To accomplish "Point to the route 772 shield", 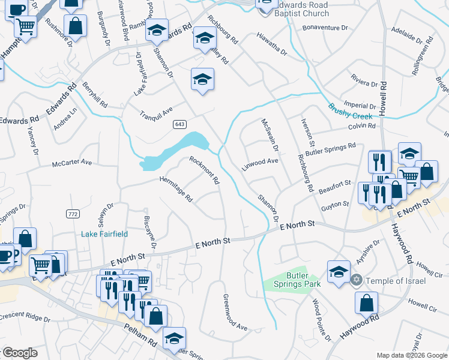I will tap(73, 214).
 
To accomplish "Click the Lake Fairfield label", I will tap(104, 234).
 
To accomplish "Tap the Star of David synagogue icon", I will tap(356, 280).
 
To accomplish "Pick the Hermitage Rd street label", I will tap(176, 188).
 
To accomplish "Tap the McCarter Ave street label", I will tap(72, 163).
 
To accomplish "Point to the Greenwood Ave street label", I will tap(235, 312).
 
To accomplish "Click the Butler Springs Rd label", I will tap(331, 149).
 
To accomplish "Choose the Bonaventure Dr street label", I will tap(326, 28).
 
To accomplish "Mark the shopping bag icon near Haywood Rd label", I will tap(366, 304).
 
